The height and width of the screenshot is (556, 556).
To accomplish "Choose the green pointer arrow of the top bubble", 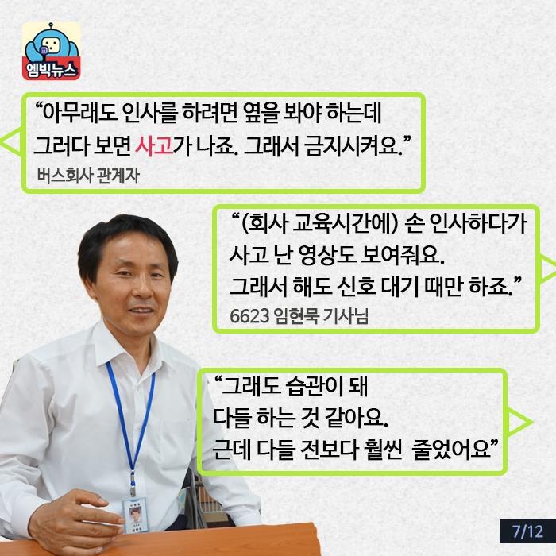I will coord(10,144).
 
